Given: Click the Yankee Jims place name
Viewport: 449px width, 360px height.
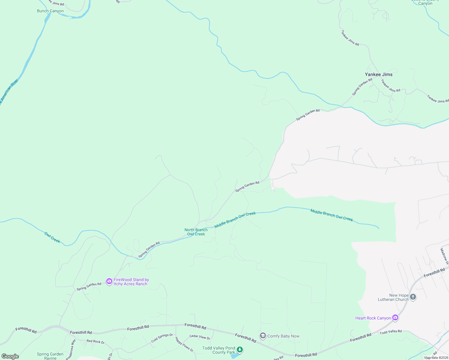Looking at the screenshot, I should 378,74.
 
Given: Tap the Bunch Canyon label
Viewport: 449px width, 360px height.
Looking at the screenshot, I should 50,11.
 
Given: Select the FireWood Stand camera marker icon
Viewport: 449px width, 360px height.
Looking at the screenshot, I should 109,281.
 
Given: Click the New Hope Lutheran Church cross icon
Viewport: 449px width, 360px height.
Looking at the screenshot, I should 413,297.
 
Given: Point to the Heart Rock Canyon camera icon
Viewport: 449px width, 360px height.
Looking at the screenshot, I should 395,318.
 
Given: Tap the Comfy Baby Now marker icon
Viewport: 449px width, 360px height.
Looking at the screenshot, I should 263,336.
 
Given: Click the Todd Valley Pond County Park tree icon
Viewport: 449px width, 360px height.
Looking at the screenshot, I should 240,349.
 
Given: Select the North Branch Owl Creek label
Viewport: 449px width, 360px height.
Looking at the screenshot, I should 196,232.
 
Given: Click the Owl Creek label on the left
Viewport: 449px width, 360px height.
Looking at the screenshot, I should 52,237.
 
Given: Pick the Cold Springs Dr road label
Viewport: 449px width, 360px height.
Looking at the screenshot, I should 162,338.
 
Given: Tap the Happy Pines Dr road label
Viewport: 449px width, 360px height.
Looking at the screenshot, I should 184,344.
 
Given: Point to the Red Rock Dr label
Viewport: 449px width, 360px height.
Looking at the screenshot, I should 95,341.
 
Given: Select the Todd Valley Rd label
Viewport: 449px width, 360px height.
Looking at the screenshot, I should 390,332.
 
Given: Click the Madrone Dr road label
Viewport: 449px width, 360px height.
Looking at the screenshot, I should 444,256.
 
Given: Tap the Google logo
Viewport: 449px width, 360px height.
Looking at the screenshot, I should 10,356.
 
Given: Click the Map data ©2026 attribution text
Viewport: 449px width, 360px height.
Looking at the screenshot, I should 436,358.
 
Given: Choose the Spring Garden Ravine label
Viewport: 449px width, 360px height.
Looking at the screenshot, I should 50,356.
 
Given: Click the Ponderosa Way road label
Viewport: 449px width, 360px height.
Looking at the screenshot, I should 71,349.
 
